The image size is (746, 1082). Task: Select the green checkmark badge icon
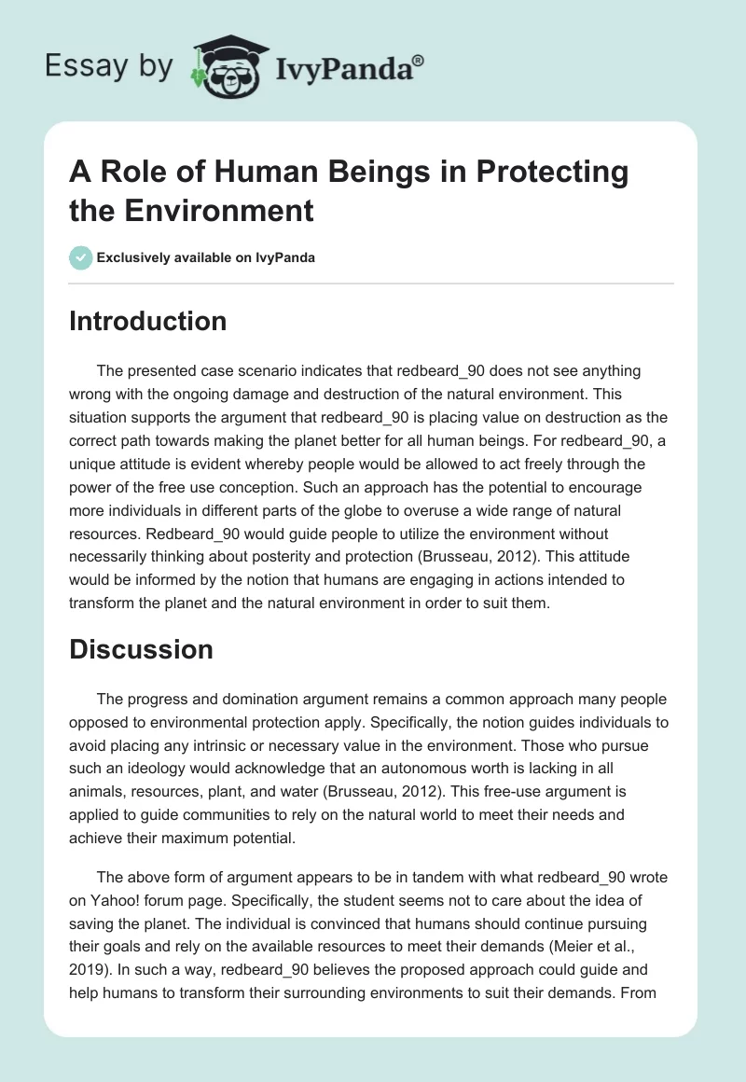(80, 257)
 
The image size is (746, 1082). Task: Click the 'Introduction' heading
(147, 321)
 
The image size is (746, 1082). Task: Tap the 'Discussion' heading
(141, 649)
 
